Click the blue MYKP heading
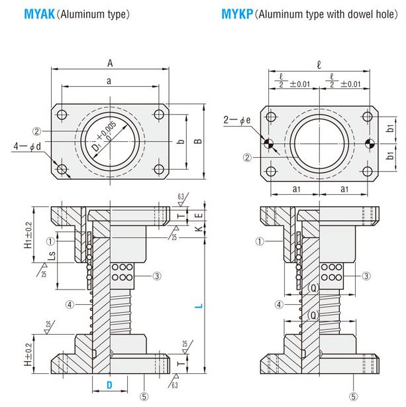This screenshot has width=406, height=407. pyautogui.click(x=233, y=13)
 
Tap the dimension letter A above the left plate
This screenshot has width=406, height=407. pyautogui.click(x=111, y=62)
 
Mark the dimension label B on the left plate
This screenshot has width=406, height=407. pyautogui.click(x=197, y=141)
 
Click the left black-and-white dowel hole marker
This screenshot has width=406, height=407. pyautogui.click(x=269, y=143)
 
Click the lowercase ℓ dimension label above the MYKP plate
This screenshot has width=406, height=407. pyautogui.click(x=319, y=65)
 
